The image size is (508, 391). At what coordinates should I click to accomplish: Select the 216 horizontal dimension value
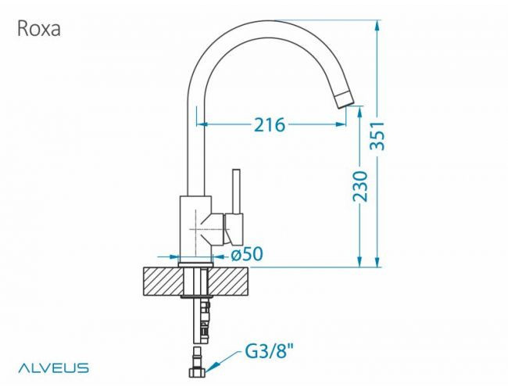tap(270, 124)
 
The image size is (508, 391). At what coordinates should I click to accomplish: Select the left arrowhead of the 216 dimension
tap(201, 124)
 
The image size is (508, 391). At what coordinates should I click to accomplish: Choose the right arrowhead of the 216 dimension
tap(341, 124)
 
